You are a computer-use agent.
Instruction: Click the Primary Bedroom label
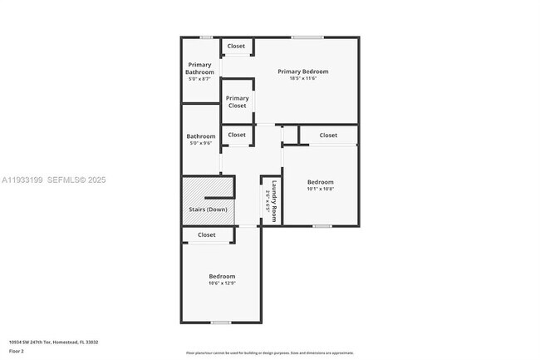[x=303, y=72]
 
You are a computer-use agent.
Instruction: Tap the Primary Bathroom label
[x=200, y=68]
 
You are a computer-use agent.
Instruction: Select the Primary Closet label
[x=238, y=101]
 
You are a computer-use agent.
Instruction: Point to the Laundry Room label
[x=272, y=200]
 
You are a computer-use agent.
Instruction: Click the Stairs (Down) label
[x=206, y=210]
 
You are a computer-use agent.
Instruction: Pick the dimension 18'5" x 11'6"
[x=303, y=79]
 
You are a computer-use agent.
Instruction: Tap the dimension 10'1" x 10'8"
[x=320, y=189]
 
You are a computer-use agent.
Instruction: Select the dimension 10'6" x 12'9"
[x=222, y=284]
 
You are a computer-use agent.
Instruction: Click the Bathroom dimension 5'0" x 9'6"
[x=200, y=144]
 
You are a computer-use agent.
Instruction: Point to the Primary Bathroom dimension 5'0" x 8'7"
[x=200, y=79]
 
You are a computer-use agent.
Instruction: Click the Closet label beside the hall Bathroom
[x=237, y=135]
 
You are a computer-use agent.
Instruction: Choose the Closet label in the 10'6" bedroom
[x=207, y=235]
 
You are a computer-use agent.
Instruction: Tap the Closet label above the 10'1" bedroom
[x=328, y=135]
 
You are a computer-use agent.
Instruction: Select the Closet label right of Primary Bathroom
[x=237, y=46]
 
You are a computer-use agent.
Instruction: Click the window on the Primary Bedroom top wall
[x=307, y=37]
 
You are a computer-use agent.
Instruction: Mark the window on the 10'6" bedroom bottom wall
[x=220, y=323]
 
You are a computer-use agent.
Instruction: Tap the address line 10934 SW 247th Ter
[x=51, y=343]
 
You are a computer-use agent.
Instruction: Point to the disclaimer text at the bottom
[x=270, y=353]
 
